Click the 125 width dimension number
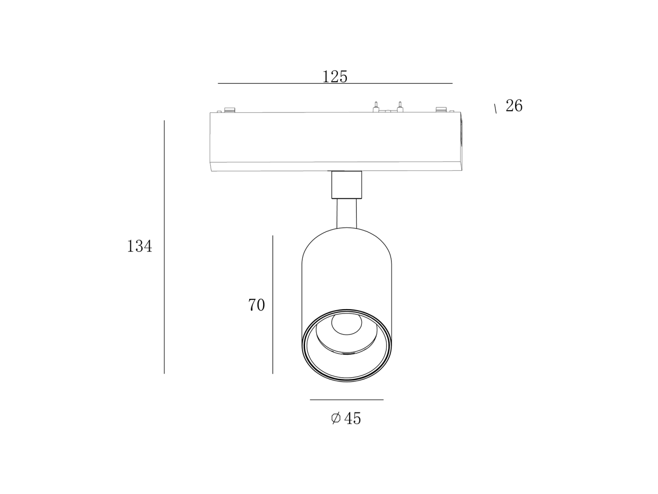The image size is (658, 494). [x=335, y=77]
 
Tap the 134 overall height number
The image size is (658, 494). [x=140, y=246]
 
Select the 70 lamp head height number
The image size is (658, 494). [x=256, y=305]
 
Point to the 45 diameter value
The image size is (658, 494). [x=352, y=418]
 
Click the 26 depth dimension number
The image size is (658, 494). [x=514, y=105]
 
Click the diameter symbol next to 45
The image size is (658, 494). [x=336, y=418]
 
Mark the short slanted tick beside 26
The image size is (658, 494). [x=495, y=109]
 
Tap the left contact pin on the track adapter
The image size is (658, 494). [x=376, y=107]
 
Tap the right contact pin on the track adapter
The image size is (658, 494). [x=399, y=107]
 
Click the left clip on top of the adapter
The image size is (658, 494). [x=230, y=110]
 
